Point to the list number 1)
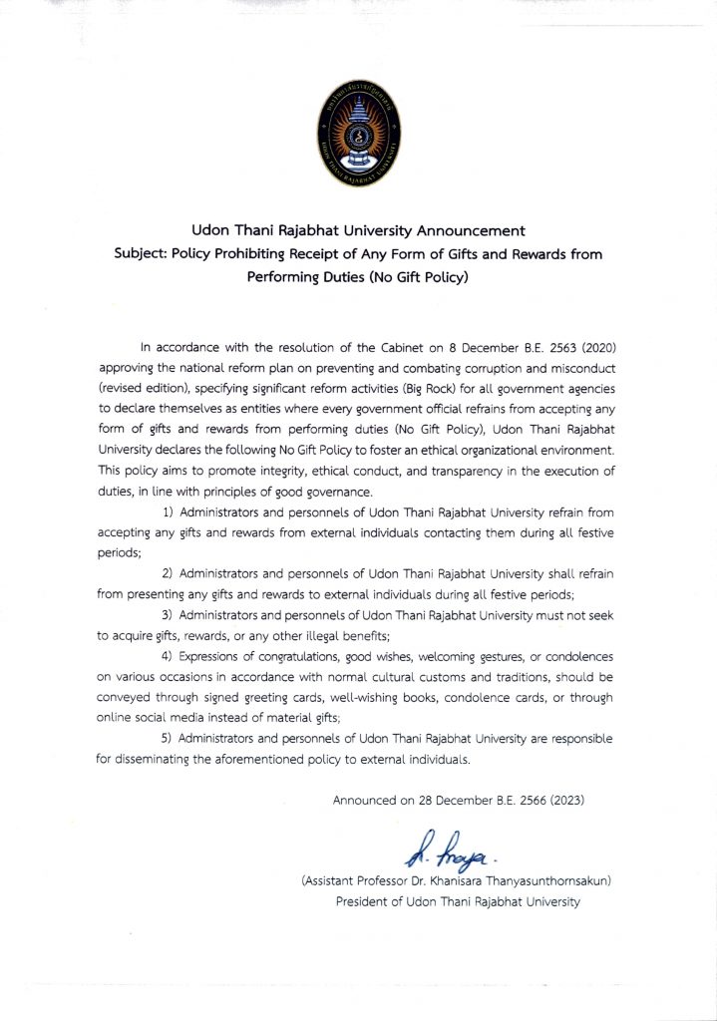tap(169, 510)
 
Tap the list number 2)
tap(169, 573)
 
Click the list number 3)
tap(169, 616)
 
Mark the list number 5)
tap(169, 738)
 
